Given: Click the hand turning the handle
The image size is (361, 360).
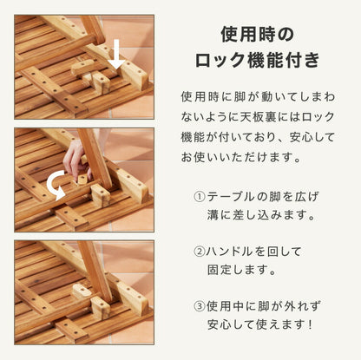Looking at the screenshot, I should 76,160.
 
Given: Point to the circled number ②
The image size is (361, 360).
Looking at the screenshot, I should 200,252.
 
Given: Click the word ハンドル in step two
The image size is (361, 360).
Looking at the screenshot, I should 230,252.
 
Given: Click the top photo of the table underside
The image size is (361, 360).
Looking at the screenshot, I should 84,66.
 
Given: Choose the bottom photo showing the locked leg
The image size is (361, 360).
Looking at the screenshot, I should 84,292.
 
